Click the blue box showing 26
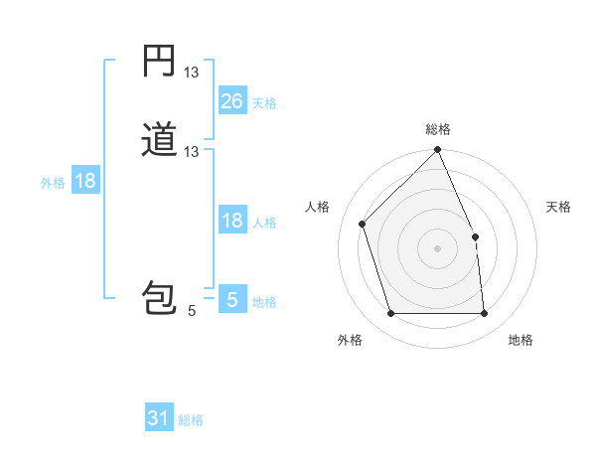coord(231,100)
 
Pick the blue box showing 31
coord(159,418)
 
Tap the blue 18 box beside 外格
coord(84,181)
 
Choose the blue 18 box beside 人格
coord(231,221)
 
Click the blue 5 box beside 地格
coord(231,300)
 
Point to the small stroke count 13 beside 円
coord(192,73)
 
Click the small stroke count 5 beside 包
coord(192,311)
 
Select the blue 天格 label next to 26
coord(264,102)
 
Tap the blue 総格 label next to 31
coord(191,420)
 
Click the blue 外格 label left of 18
coord(53,183)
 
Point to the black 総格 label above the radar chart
coord(437,129)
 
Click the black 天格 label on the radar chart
coord(559,207)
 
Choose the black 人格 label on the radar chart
coord(318,207)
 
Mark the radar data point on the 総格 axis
coord(437,151)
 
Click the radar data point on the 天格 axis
coord(475,236)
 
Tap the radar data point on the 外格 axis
coord(391,314)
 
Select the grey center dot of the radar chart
coord(437,248)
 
